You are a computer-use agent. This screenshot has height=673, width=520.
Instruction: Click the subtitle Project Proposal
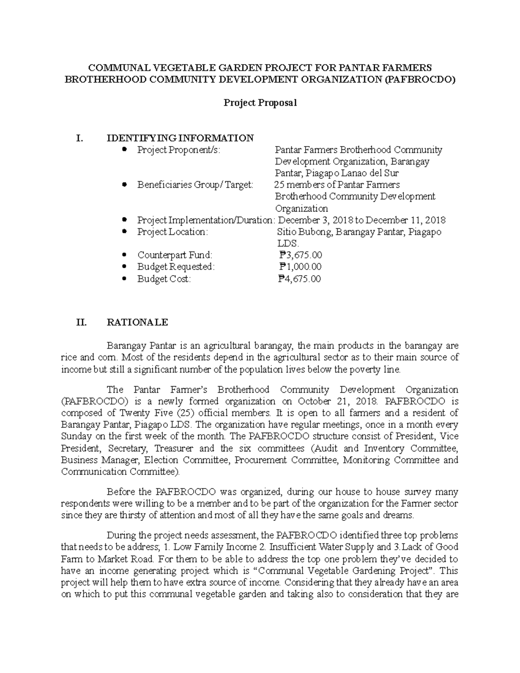[x=260, y=103]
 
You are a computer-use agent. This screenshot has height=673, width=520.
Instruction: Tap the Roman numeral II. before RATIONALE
[x=81, y=322]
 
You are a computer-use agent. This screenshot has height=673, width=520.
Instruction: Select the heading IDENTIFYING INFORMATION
[x=180, y=138]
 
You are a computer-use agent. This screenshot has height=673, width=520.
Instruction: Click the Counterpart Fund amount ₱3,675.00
[x=300, y=255]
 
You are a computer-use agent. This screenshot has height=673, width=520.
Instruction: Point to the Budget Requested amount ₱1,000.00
[x=300, y=267]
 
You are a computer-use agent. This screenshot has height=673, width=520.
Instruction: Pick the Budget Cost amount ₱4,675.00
[x=300, y=279]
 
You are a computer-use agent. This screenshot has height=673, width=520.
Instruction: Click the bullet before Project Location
[x=125, y=232]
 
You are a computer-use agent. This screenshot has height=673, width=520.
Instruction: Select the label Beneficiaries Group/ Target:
[x=195, y=185]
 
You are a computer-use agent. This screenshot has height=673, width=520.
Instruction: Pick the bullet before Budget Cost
[x=125, y=279]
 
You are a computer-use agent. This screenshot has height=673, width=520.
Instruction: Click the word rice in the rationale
[x=69, y=358]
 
